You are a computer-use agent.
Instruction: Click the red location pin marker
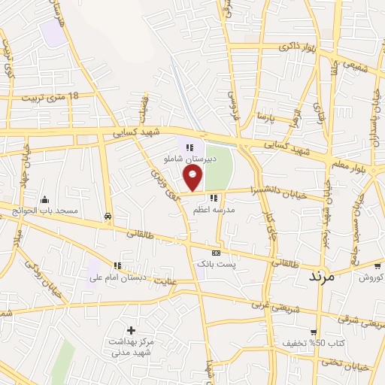194,177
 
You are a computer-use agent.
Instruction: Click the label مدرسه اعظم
216,209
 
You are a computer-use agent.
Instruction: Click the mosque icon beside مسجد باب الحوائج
45,199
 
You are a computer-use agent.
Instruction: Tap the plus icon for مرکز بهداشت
132,330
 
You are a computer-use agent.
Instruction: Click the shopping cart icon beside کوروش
377,265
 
